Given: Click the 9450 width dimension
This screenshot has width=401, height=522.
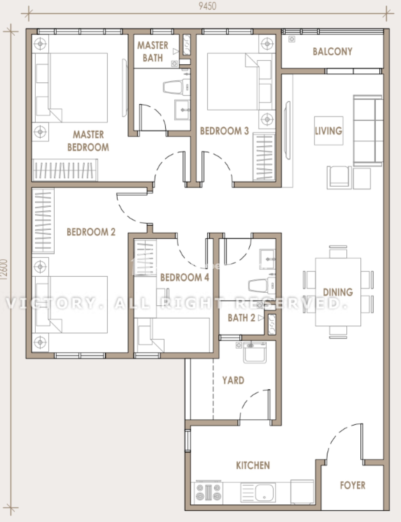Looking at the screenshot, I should click(x=208, y=6).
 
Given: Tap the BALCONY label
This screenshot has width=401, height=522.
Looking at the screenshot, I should click(x=332, y=51).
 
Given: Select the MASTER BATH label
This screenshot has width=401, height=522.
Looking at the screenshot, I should click(x=153, y=52).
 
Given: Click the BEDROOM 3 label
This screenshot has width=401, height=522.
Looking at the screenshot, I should click(x=224, y=131).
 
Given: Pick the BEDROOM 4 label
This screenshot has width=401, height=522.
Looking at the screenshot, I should click(x=185, y=277).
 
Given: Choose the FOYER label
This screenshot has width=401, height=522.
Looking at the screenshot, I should click(x=353, y=485).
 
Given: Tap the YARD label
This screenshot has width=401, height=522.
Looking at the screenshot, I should click(x=233, y=380).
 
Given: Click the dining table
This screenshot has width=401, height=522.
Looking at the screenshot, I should click(x=338, y=292).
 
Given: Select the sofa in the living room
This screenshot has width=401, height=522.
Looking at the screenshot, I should click(x=368, y=130).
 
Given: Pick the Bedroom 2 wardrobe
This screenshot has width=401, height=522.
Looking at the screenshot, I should click(x=43, y=220).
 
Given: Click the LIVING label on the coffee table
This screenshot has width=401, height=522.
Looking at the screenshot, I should click(x=328, y=131).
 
